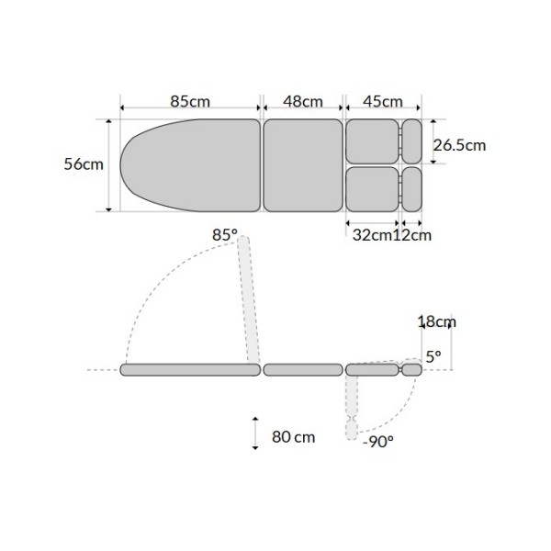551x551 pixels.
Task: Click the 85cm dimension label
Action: tap(190, 101)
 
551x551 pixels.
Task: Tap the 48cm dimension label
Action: tap(302, 101)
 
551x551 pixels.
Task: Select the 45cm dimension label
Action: tap(383, 101)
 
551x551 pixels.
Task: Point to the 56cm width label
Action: tap(84, 164)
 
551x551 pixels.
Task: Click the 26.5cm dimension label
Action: tap(459, 144)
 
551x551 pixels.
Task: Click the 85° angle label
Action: tap(224, 235)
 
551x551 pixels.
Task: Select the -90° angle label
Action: tap(377, 442)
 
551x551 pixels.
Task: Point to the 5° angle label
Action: tap(433, 354)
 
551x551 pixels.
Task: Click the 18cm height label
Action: tap(435, 321)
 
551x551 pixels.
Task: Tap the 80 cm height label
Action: tap(294, 436)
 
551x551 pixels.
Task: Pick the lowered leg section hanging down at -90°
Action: tap(352, 404)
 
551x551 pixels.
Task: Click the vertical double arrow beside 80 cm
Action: tap(254, 432)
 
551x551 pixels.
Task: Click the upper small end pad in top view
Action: tap(411, 141)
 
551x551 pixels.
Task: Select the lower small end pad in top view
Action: tap(411, 188)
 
